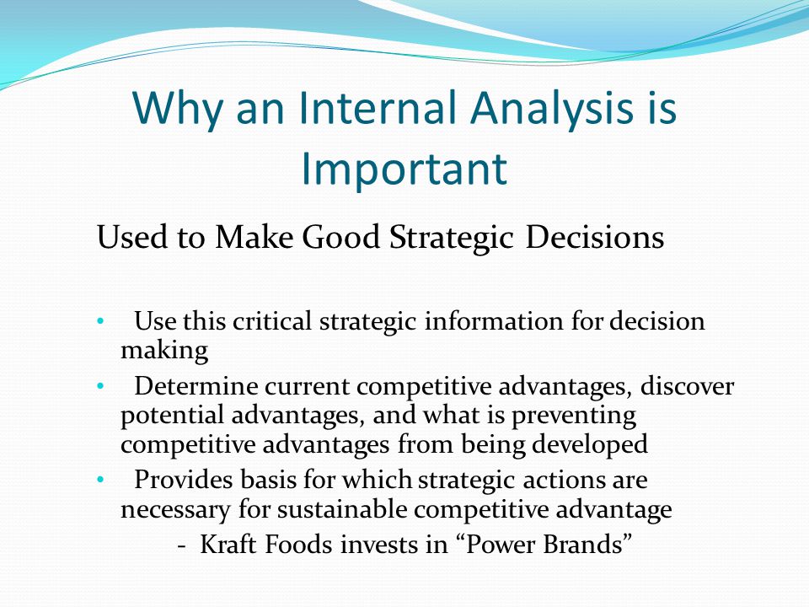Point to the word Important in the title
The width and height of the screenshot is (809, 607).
pyautogui.click(x=404, y=169)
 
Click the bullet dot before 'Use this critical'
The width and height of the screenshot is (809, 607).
pyautogui.click(x=100, y=321)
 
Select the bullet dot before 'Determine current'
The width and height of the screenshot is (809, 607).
pyautogui.click(x=100, y=386)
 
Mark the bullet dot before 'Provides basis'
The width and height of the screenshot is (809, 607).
pyautogui.click(x=100, y=480)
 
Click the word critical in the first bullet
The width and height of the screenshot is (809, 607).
pyautogui.click(x=272, y=321)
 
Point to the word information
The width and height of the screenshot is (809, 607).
pyautogui.click(x=495, y=321)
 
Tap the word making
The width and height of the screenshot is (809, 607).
pyautogui.click(x=164, y=352)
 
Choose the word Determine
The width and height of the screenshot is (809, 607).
pyautogui.click(x=196, y=386)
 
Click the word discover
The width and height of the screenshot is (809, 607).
pyautogui.click(x=687, y=386)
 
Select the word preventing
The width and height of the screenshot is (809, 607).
pyautogui.click(x=574, y=416)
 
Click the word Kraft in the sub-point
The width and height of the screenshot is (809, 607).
pyautogui.click(x=228, y=545)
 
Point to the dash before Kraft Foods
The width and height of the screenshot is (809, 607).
pyautogui.click(x=182, y=546)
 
